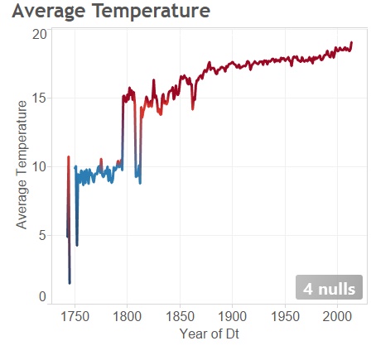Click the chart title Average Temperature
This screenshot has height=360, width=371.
point(111,12)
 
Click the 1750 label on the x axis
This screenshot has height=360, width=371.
point(75,317)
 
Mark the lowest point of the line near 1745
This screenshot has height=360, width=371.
point(70,283)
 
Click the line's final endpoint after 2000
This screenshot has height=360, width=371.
point(352,42)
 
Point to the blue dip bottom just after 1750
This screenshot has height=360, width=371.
point(77,244)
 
